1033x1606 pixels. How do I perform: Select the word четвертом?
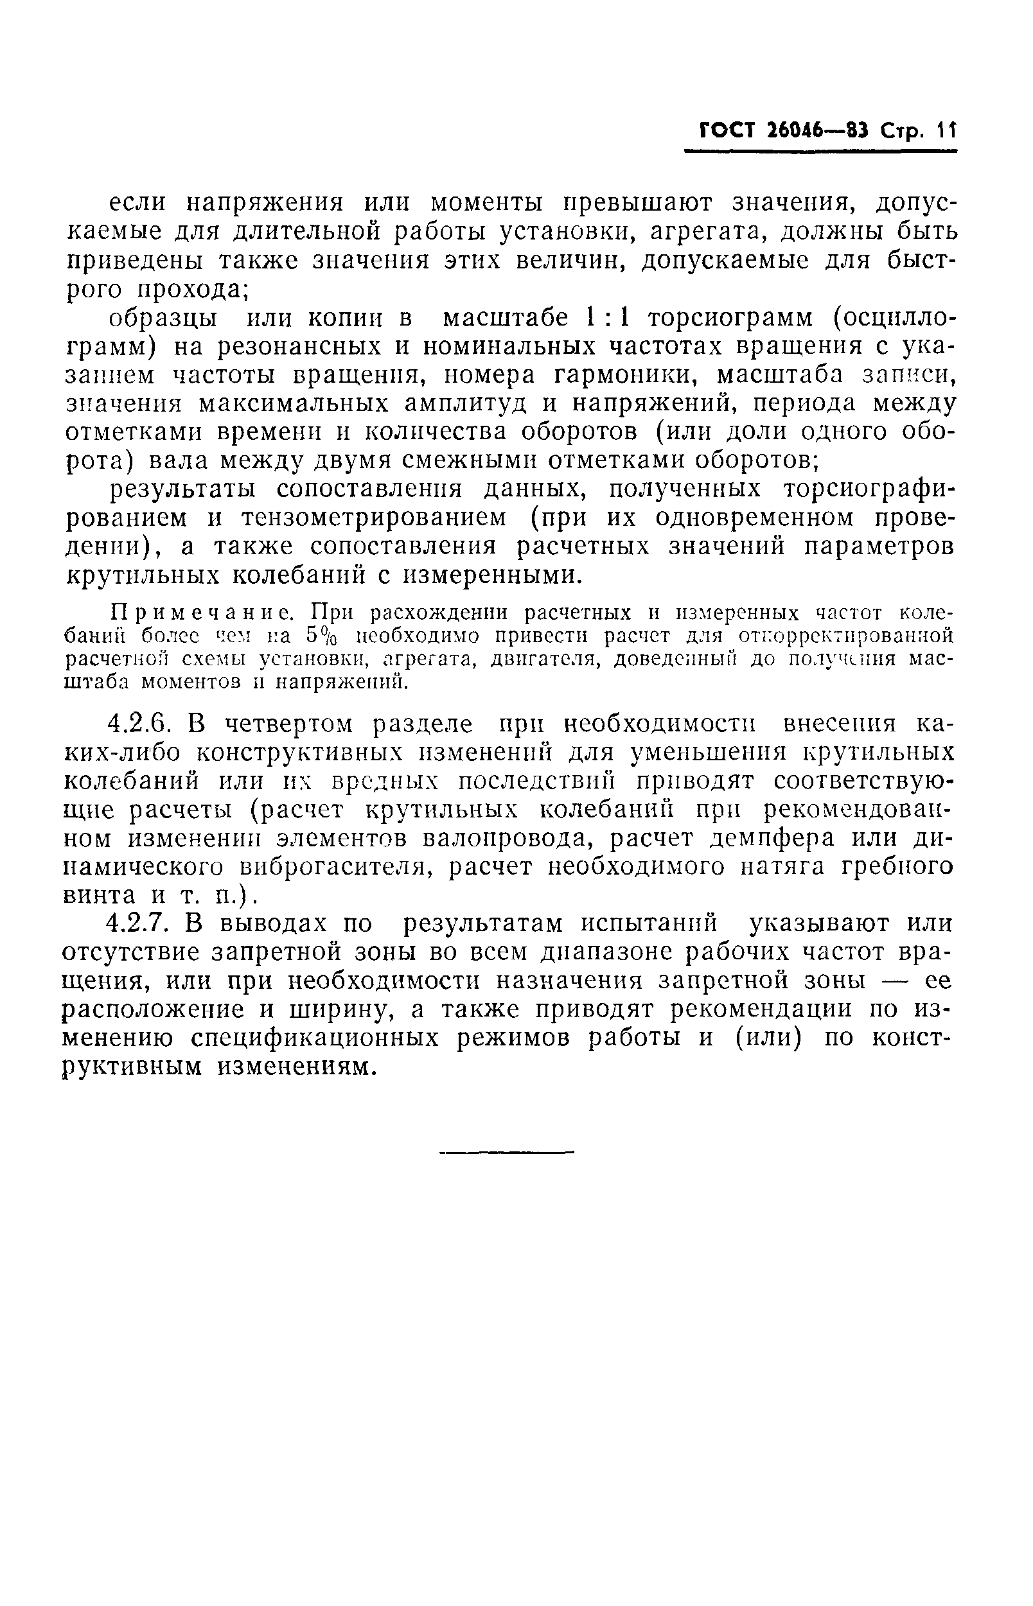pos(277,724)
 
